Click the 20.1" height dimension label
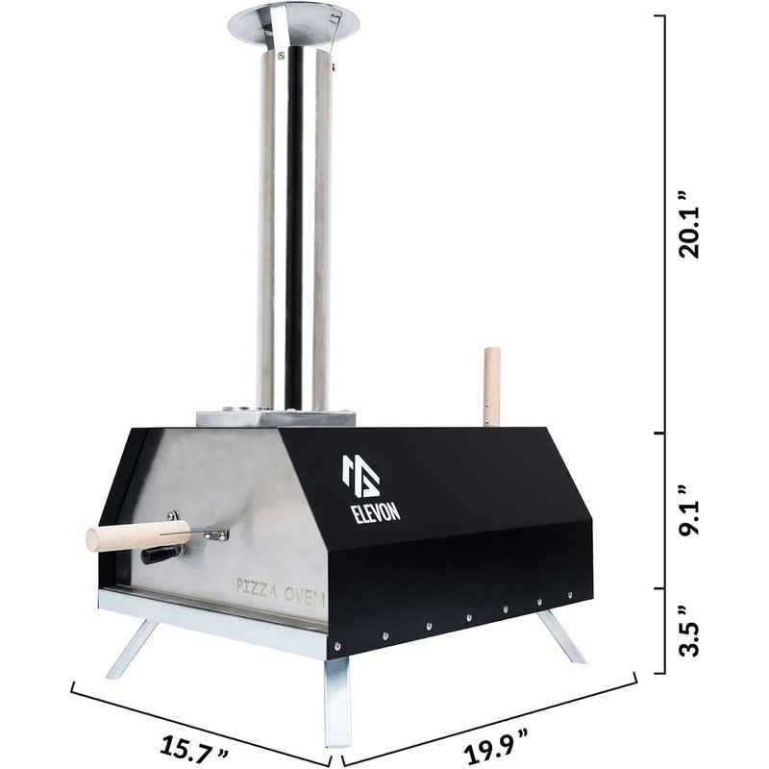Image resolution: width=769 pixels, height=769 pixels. tap(689, 224)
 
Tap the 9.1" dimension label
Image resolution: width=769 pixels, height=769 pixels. tap(689, 511)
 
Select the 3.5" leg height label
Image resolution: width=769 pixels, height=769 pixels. tap(689, 633)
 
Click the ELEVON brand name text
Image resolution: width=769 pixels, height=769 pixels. tap(375, 510)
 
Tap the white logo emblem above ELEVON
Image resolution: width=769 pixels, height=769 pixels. tap(361, 476)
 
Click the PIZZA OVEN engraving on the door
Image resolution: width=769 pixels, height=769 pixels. tap(281, 591)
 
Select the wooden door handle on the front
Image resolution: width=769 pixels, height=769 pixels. tap(137, 534)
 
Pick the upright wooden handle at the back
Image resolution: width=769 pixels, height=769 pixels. tap(492, 386)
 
